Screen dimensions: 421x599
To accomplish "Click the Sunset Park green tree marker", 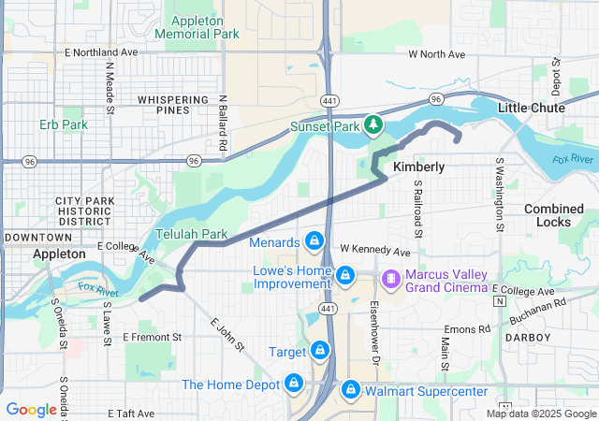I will [x=373, y=124].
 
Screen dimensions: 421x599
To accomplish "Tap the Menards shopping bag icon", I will [x=314, y=242].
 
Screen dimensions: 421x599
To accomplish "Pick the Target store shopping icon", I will [x=321, y=351].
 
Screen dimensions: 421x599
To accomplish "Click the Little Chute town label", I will [x=531, y=109].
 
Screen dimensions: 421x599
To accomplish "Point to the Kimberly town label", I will [x=418, y=167].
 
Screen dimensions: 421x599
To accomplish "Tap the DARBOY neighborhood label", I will [x=528, y=337].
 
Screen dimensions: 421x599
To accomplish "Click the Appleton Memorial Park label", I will [x=203, y=27].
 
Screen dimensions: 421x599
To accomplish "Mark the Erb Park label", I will [x=64, y=124].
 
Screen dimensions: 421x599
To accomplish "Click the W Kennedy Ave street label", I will [x=374, y=252].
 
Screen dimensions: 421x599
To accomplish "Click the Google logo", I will [x=31, y=410].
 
